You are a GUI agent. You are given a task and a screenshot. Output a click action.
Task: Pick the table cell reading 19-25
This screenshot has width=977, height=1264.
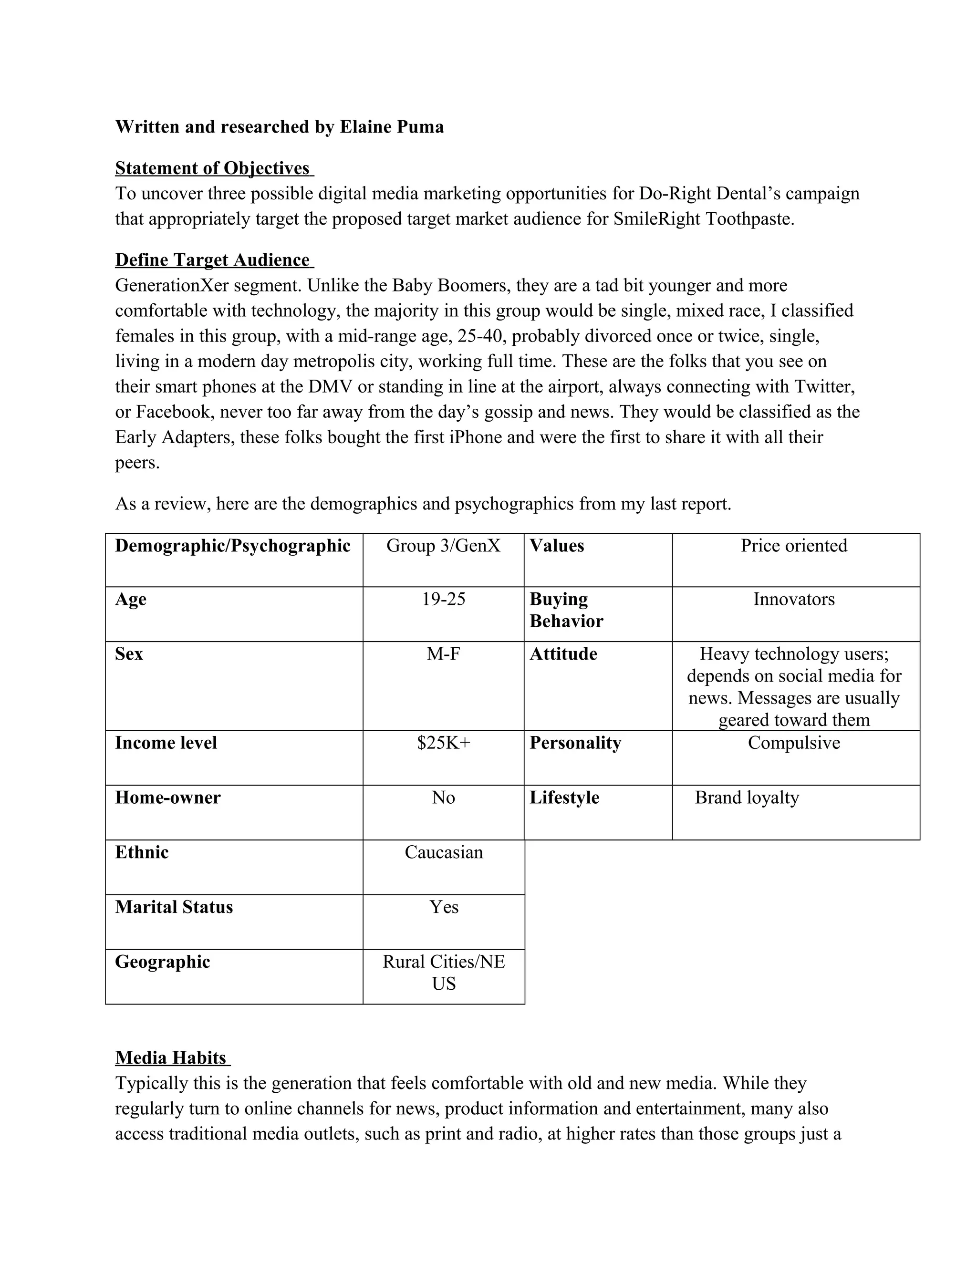tap(443, 599)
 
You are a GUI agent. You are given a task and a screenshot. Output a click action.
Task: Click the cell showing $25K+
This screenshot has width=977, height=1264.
tap(443, 743)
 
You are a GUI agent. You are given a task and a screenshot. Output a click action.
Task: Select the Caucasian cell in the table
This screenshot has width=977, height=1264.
tap(443, 852)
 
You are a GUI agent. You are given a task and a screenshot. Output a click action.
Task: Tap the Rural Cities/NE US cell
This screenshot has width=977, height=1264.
tap(443, 972)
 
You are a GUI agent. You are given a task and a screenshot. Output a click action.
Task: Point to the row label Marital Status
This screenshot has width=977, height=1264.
tap(174, 907)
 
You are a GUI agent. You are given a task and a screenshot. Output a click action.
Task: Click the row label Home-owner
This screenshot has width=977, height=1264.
tap(168, 798)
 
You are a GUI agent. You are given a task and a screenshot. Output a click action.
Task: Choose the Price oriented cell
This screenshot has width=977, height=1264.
tap(793, 545)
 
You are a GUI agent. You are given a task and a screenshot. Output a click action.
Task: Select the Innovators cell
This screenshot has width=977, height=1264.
tap(793, 599)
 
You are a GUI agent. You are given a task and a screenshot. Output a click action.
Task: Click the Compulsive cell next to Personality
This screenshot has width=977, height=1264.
tap(793, 743)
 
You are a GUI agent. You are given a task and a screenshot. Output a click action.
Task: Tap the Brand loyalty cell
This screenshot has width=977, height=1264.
tap(747, 798)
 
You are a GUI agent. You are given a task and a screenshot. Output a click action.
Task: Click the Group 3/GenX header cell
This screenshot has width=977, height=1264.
tap(443, 545)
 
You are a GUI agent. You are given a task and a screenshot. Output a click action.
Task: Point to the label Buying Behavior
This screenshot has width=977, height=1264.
tap(566, 610)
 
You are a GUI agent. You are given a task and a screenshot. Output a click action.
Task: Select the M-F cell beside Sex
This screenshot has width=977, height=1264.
tap(443, 654)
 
